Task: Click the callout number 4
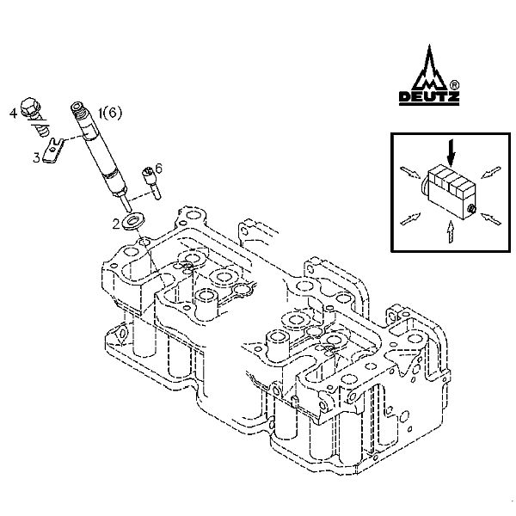coord(14,112)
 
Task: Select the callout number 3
coord(36,157)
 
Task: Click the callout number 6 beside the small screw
coord(158,169)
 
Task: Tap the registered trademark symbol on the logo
coord(452,84)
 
